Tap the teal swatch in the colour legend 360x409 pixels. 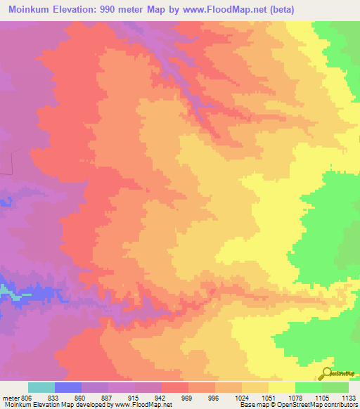point(41,387)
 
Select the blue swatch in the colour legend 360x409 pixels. point(68,387)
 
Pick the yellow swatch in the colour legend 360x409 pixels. point(282,387)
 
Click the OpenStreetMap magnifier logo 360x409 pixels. point(326,375)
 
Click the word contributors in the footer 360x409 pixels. point(342,405)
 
